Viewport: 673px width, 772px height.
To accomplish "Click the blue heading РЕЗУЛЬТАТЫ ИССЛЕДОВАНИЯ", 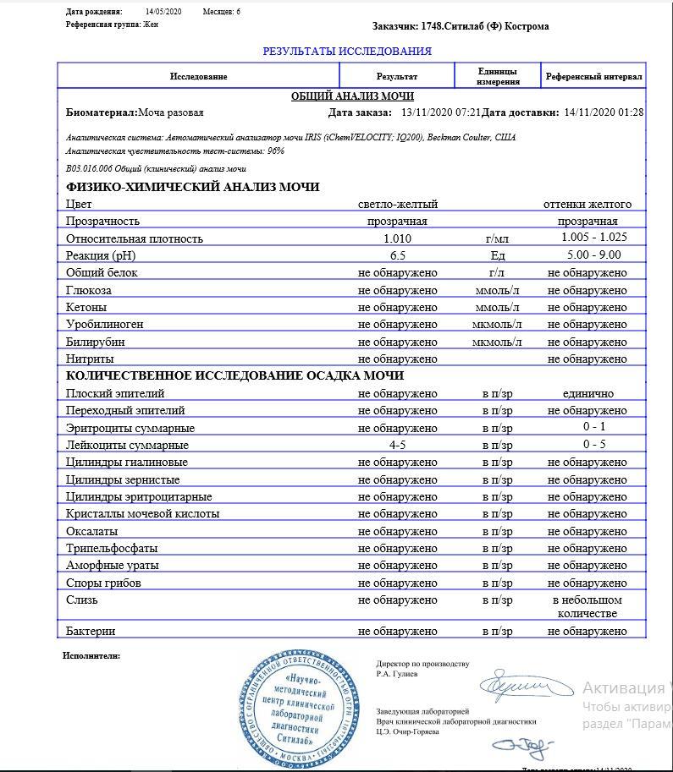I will coord(347,52).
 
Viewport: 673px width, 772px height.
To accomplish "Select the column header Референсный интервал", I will coord(593,77).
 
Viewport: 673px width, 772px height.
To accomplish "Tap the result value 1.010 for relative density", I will coord(397,239).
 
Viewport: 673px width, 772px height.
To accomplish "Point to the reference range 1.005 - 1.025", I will coord(593,238).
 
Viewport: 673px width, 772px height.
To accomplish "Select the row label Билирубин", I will coord(95,342).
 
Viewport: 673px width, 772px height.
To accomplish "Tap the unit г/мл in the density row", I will coord(497,239).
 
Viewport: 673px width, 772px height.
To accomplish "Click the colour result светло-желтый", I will coord(397,205).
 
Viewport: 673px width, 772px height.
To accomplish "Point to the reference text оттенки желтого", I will coord(587,205).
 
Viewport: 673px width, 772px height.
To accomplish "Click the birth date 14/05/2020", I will coord(163,13).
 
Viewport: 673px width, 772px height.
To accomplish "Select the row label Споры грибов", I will coord(103,583).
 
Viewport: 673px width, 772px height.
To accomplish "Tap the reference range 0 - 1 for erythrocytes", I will coord(593,427).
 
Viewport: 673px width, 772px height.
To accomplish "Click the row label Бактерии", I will coord(91,632).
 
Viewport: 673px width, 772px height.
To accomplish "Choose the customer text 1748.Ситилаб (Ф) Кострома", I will coord(485,26).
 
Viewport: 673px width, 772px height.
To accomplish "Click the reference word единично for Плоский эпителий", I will coord(587,394).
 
